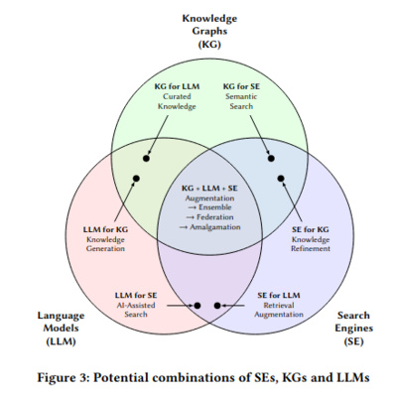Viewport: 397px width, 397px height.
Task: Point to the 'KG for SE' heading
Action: click(x=242, y=87)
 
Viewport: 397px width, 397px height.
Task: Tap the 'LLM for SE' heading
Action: click(x=137, y=295)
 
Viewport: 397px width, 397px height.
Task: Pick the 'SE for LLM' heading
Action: click(x=278, y=295)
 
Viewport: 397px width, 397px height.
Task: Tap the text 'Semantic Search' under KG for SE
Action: click(x=242, y=101)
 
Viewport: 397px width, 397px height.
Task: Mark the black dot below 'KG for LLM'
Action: click(x=148, y=158)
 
